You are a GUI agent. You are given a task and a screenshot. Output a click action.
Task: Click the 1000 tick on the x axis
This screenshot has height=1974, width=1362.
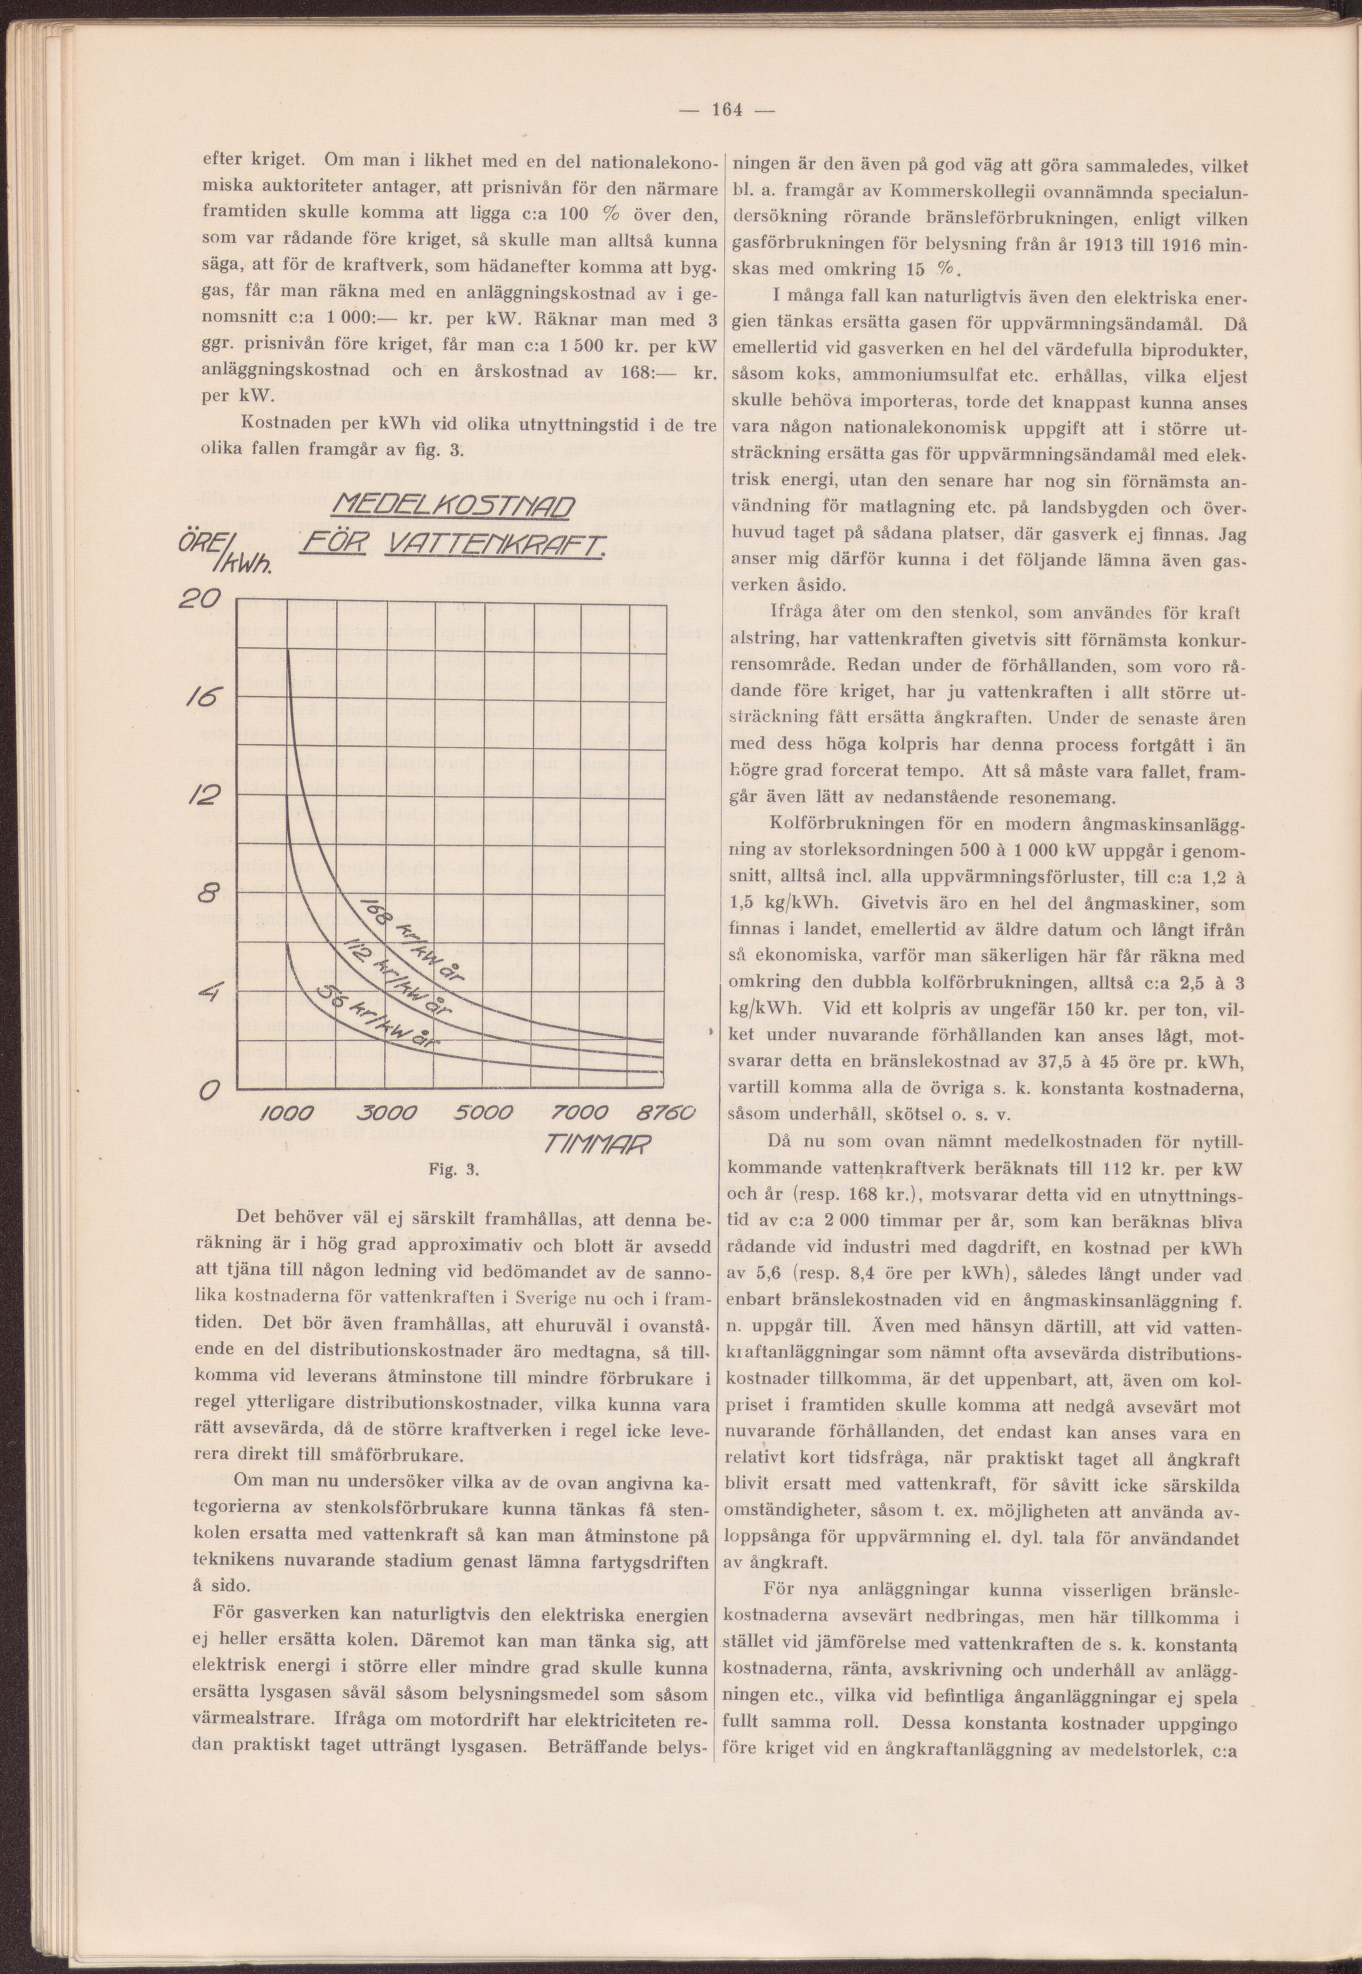coord(287,1114)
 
